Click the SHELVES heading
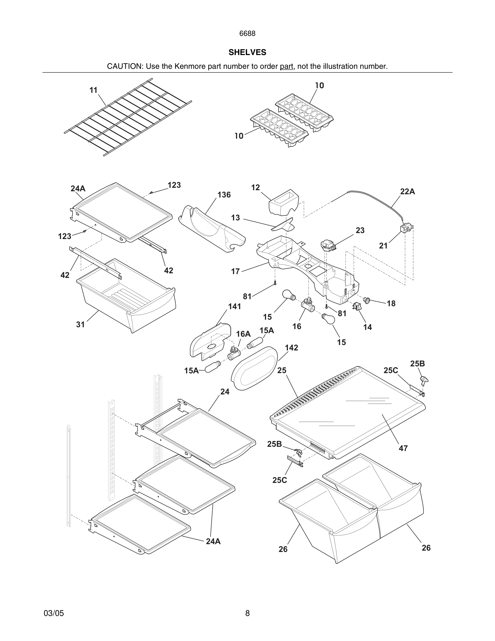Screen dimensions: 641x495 point(247,52)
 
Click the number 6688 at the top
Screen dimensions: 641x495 point(247,34)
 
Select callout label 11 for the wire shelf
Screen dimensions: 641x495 point(93,90)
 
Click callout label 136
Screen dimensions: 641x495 point(224,195)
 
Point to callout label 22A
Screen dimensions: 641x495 point(407,192)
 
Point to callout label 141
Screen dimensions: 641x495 point(235,306)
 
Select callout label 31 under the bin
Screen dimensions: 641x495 point(80,324)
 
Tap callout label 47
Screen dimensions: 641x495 point(403,448)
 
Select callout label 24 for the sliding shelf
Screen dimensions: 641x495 point(225,391)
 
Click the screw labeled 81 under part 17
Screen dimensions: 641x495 point(275,283)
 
